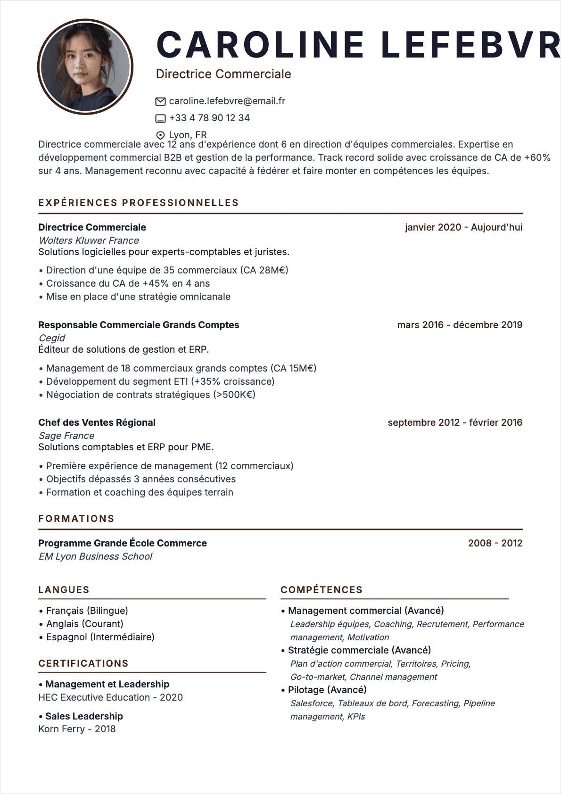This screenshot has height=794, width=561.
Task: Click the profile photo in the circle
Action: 85,67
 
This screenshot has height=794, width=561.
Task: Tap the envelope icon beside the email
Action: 160,101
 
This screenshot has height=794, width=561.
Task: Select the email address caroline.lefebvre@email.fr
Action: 227,101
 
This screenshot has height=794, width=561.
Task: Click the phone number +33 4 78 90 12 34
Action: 209,118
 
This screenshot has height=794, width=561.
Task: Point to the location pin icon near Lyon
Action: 160,135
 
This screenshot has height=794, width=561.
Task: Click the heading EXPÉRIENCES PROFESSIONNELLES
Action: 139,203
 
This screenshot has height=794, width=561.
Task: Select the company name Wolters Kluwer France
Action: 89,240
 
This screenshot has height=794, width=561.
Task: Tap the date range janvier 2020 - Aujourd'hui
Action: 463,227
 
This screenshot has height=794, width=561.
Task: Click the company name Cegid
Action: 52,338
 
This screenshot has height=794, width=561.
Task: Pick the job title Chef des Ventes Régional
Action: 97,422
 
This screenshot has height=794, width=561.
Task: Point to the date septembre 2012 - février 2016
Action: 455,422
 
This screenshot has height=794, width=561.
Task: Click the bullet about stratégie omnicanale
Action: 138,297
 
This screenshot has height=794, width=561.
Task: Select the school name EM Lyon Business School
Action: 95,556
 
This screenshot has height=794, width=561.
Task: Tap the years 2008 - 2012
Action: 495,543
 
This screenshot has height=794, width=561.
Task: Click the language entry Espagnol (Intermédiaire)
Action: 100,637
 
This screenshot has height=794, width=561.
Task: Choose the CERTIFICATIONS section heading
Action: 83,663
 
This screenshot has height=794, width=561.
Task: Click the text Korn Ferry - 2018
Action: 77,729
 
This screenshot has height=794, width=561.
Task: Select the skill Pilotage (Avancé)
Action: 327,690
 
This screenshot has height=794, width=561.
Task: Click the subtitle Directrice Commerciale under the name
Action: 223,74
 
